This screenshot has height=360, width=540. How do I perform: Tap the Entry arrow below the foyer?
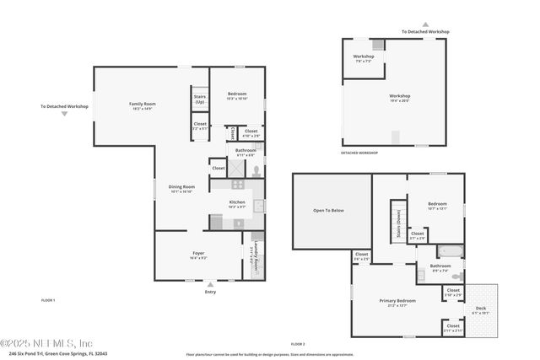click(210, 284)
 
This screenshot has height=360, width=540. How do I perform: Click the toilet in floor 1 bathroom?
click(256, 168)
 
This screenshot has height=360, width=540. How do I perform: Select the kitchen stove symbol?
click(238, 183)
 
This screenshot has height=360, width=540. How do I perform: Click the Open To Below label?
click(328, 211)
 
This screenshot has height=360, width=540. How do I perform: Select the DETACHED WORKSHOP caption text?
click(359, 153)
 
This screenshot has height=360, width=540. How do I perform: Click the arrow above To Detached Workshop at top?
click(425, 24)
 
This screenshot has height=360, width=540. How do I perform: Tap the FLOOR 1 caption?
click(48, 300)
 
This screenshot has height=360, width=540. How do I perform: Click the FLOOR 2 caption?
click(297, 344)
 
